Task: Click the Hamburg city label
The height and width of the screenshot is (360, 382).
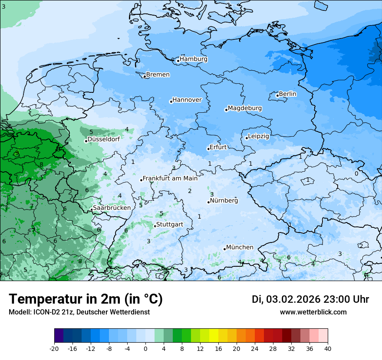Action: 193,59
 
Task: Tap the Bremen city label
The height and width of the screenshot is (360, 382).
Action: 158,75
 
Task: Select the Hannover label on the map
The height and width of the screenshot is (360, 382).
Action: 187,100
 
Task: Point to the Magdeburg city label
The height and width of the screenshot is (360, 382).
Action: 244,108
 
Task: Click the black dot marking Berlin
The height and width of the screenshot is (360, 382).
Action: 277,95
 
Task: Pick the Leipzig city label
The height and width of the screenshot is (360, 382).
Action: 258,136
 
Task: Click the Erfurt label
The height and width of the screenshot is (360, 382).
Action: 218,147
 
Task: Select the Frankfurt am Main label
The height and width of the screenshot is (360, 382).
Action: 170,178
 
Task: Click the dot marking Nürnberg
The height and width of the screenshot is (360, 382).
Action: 209,202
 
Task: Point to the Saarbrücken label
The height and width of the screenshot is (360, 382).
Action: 112,208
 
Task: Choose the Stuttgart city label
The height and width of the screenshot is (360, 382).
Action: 169,224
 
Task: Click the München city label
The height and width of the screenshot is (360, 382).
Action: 240,247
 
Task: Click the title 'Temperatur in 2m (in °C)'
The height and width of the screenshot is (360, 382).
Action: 86,299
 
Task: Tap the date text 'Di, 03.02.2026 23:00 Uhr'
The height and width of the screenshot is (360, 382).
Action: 310,299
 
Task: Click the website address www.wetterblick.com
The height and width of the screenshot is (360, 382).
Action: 313,312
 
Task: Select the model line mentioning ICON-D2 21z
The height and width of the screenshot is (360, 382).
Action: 79,312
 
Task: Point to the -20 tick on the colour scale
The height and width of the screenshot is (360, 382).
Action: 54,349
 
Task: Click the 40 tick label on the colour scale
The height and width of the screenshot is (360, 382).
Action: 327,349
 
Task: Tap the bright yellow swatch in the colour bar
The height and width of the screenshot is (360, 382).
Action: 214,336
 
